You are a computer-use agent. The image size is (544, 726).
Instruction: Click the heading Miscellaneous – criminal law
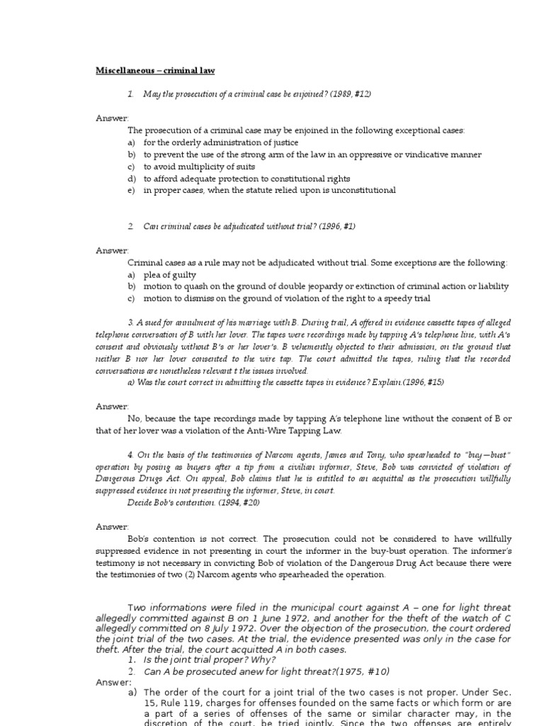point(155,70)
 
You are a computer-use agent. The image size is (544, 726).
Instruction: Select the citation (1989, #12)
point(347,94)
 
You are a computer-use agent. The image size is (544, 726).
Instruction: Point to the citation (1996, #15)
point(417,381)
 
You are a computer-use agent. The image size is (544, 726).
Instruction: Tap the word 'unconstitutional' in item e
point(362,190)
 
